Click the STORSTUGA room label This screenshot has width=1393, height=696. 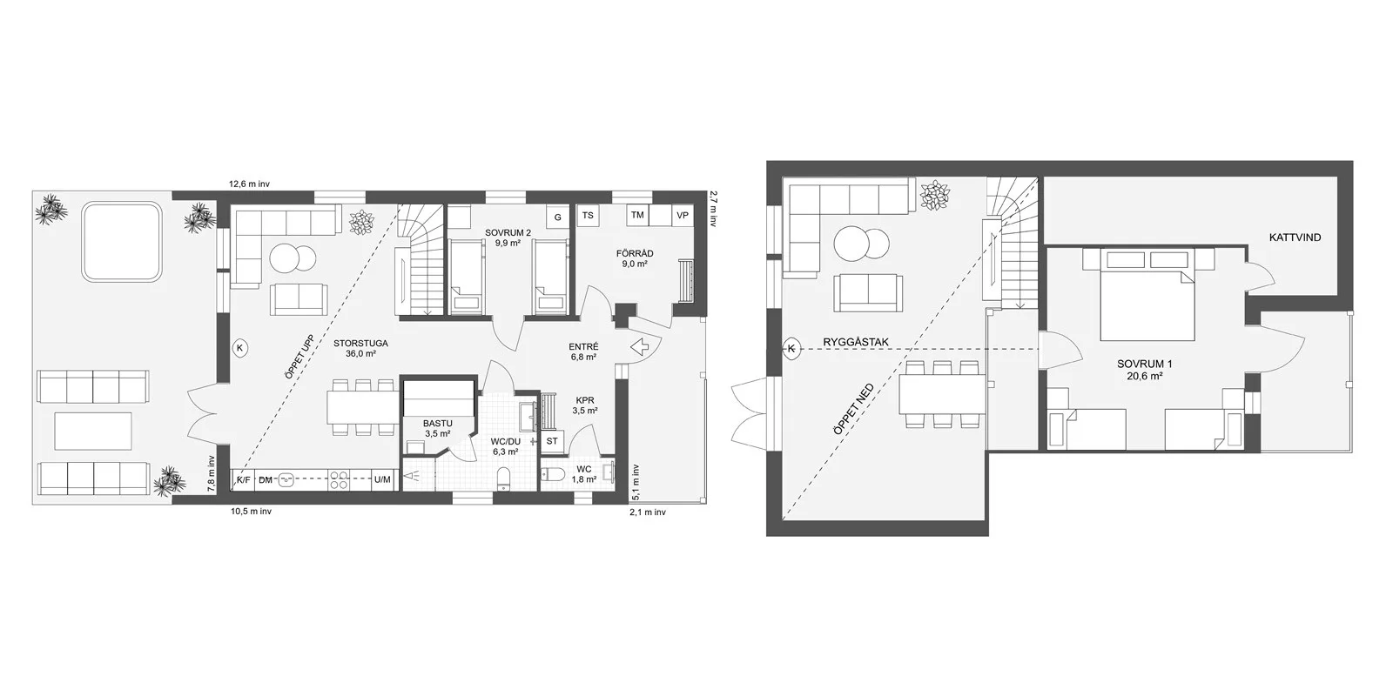point(360,343)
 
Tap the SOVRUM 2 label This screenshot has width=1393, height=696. point(508,233)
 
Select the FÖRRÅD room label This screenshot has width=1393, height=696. point(635,253)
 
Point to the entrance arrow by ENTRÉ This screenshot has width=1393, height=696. point(640,347)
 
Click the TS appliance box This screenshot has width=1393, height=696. point(588,216)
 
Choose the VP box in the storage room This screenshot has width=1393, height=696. point(683,216)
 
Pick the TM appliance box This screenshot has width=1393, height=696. point(637,216)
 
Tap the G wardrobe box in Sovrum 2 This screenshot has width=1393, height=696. point(558,217)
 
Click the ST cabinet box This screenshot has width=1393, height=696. point(552,441)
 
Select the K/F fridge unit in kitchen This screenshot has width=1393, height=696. point(243,479)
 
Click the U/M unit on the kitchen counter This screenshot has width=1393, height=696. point(382,479)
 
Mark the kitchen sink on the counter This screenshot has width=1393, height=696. point(286,479)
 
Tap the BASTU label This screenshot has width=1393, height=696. point(439,424)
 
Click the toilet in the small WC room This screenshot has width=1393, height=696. point(553,475)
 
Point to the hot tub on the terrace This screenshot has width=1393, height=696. point(122,243)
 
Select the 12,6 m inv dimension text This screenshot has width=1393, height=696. point(249,184)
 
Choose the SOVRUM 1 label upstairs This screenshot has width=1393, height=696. point(1144,365)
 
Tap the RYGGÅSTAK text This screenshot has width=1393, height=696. point(856,342)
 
